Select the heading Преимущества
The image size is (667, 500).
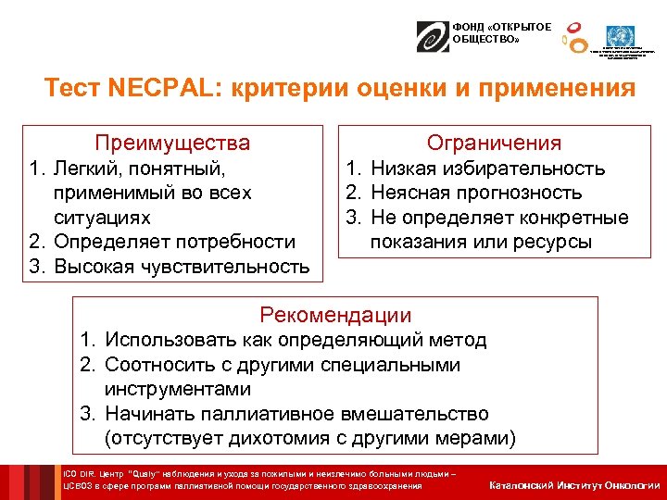pyautogui.click(x=172, y=143)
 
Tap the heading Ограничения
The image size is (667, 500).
pyautogui.click(x=493, y=143)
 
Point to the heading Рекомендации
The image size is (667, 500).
pyautogui.click(x=335, y=315)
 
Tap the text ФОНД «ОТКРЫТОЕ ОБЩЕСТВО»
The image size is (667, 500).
pyautogui.click(x=490, y=32)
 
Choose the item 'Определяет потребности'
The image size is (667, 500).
pyautogui.click(x=173, y=242)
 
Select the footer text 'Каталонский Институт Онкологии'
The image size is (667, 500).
pyautogui.click(x=574, y=485)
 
